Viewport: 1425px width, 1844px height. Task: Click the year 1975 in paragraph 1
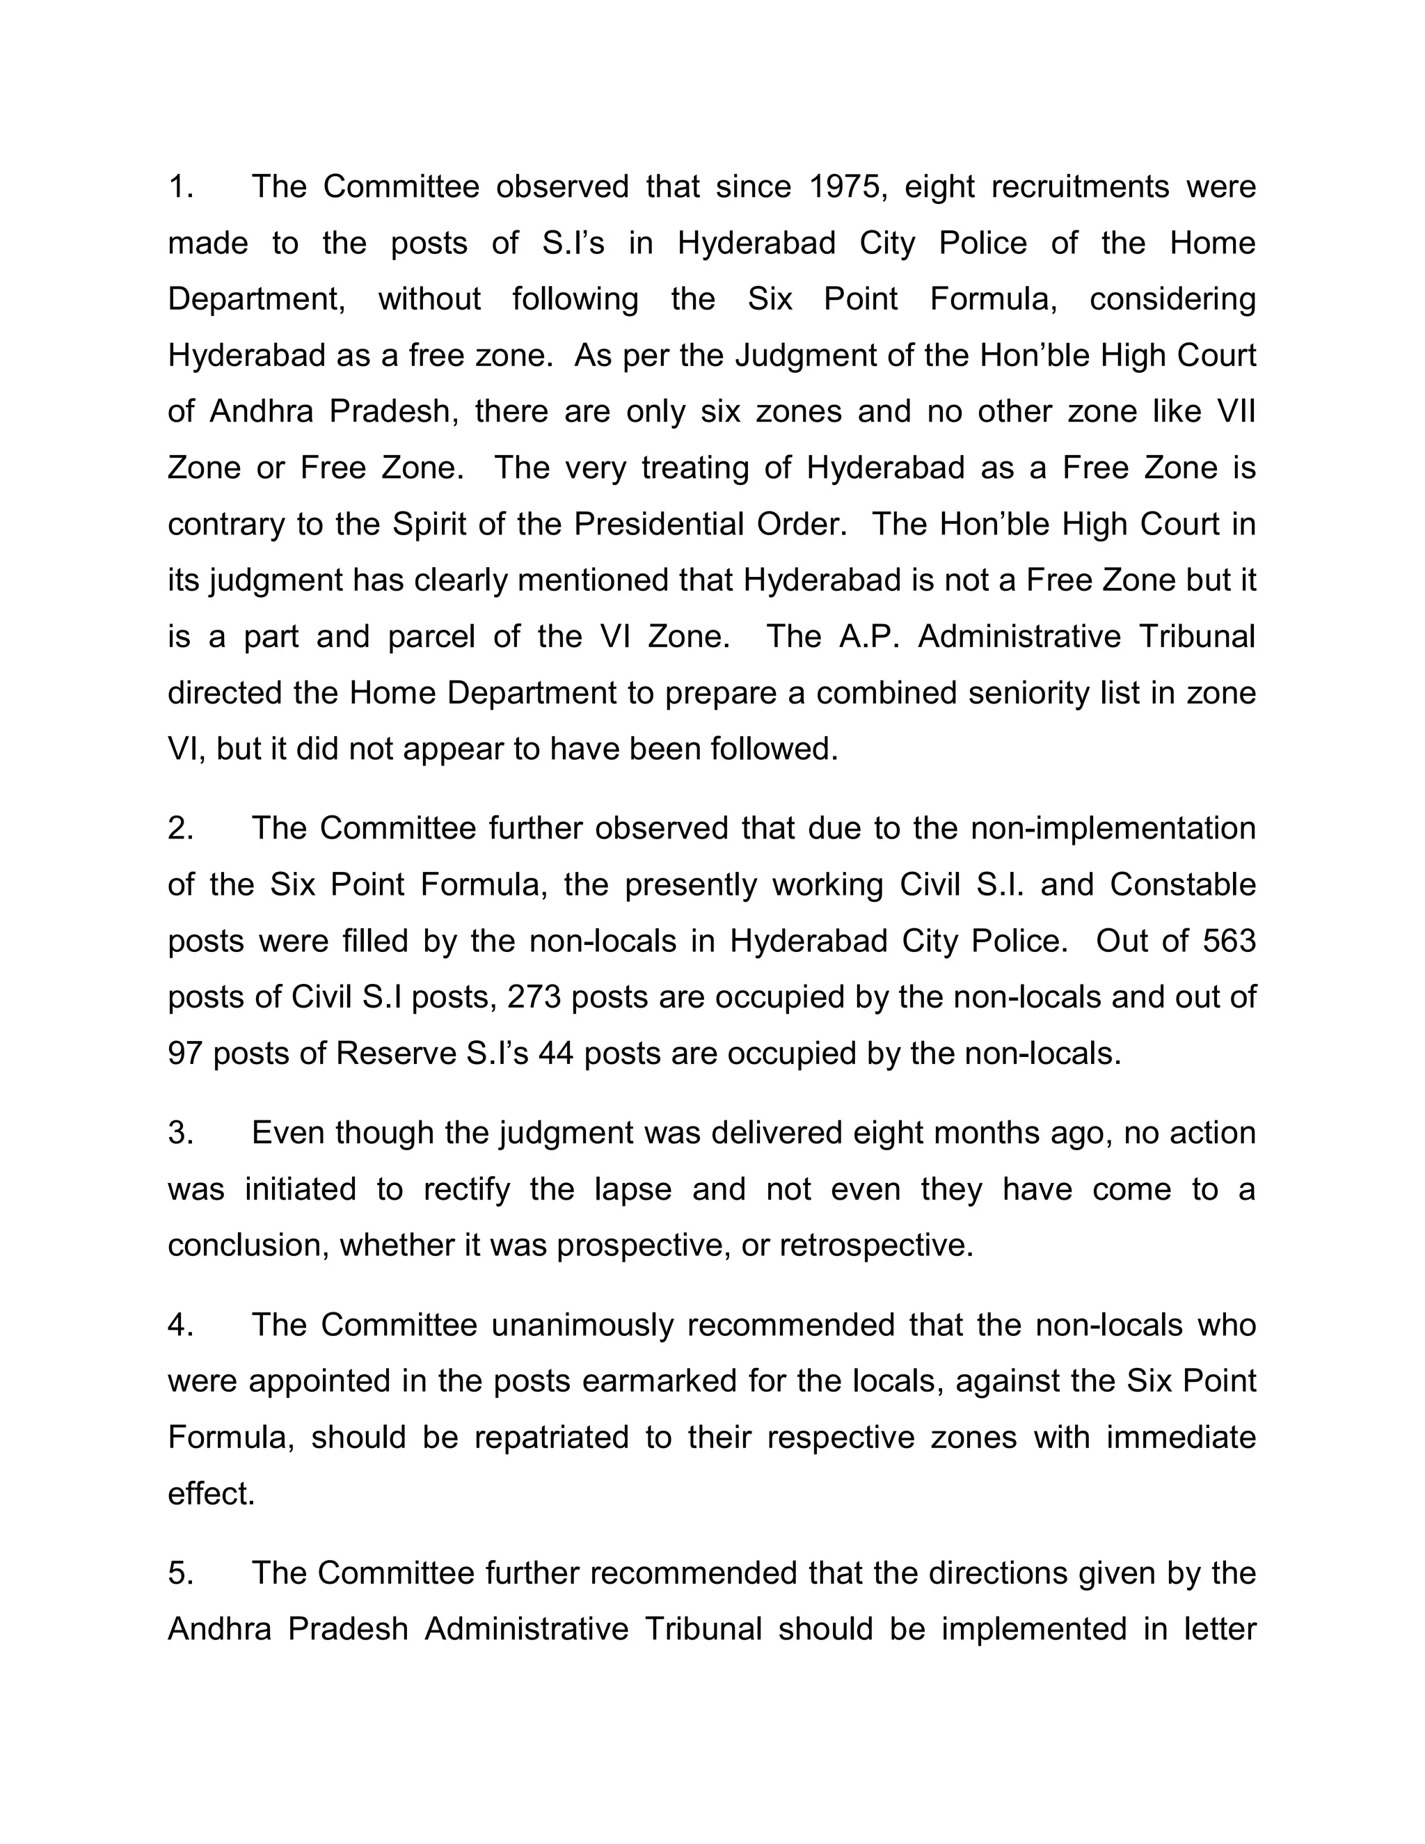click(847, 186)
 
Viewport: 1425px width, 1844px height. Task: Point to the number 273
click(534, 997)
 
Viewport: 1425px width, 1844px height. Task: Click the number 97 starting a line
click(186, 1054)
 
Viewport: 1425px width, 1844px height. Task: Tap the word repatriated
click(551, 1437)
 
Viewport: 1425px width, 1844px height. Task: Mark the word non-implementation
click(1113, 828)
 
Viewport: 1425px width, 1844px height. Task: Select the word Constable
click(1183, 885)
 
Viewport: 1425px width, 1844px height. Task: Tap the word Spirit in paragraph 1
click(429, 525)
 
